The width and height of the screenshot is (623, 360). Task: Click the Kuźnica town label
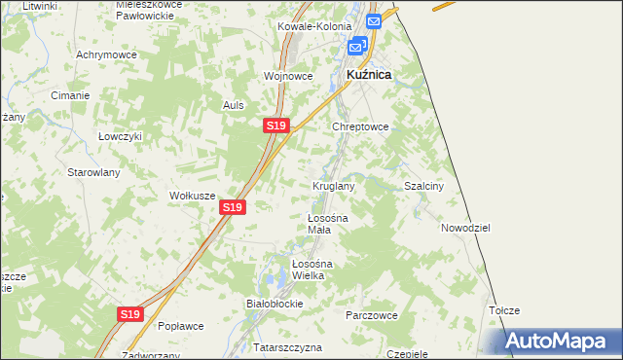[x=369, y=74]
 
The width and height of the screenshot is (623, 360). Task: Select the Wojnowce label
[x=288, y=76]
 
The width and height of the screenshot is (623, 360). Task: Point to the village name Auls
[x=233, y=105]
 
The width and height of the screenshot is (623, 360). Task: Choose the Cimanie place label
[x=70, y=95]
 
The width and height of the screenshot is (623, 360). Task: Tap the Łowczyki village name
[x=121, y=137]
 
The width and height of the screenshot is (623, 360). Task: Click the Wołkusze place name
[x=192, y=196]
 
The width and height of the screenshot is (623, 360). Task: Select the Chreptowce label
[x=361, y=126]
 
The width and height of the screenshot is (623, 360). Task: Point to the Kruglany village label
[x=333, y=185]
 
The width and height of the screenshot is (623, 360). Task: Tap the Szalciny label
[x=424, y=186]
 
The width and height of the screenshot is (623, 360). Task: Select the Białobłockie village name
[x=275, y=304]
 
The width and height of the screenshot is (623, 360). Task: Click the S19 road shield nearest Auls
[x=275, y=126]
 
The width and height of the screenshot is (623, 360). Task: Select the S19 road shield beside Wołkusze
[x=232, y=207]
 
